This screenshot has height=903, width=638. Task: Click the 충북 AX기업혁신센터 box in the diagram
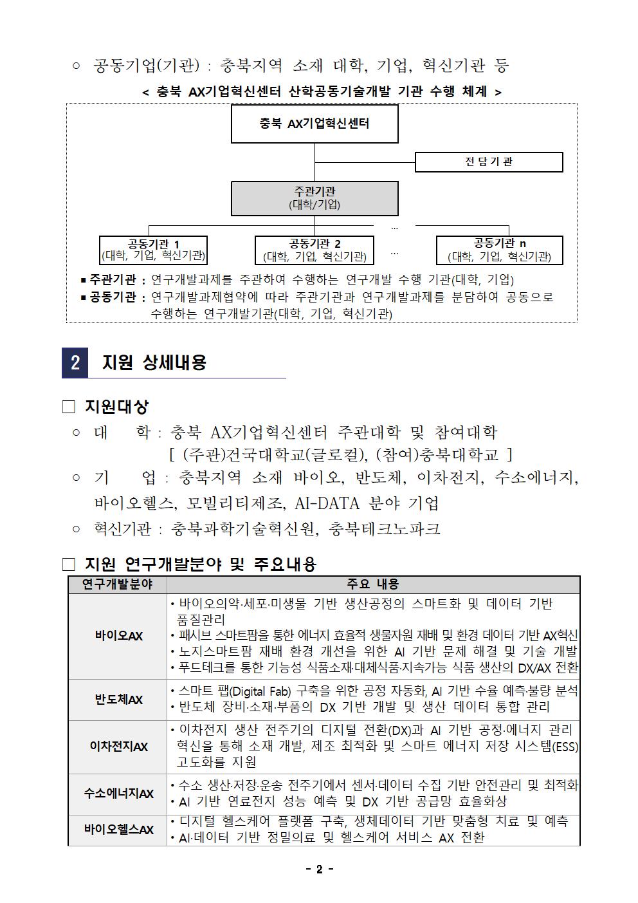click(314, 124)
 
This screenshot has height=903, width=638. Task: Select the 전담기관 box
click(488, 162)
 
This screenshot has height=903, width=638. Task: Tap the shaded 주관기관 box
click(314, 198)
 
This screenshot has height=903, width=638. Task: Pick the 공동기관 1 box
click(153, 250)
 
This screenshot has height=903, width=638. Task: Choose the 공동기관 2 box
click(314, 250)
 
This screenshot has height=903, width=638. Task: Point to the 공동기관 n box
click(499, 250)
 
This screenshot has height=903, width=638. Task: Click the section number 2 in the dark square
click(75, 362)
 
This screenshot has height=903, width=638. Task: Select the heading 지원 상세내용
click(154, 362)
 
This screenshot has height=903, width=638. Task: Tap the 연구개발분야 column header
click(117, 584)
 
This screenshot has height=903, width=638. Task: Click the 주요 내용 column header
click(373, 584)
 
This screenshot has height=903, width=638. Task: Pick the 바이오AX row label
click(118, 636)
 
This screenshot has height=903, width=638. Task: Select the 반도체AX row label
click(118, 700)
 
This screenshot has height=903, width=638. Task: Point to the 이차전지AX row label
click(118, 747)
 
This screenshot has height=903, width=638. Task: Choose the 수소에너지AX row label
click(118, 794)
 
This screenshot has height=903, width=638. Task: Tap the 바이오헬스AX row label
click(118, 830)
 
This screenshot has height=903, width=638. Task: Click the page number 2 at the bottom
click(319, 870)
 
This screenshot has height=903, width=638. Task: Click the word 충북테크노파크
click(384, 529)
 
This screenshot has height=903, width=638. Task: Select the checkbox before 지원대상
click(69, 407)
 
